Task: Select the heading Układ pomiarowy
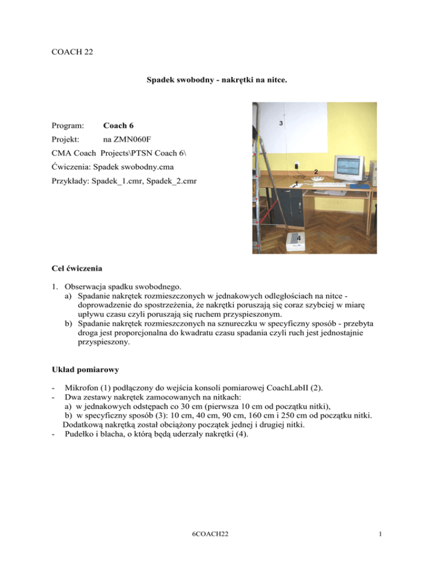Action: click(83, 371)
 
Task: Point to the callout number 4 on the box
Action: click(298, 231)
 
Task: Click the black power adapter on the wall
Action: click(296, 166)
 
